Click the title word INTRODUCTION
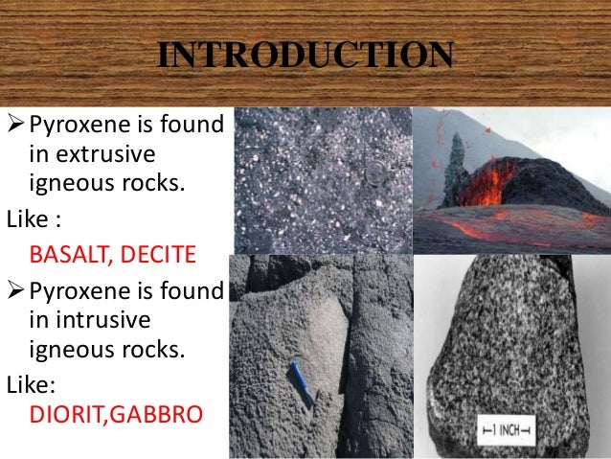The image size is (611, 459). pyautogui.click(x=305, y=57)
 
